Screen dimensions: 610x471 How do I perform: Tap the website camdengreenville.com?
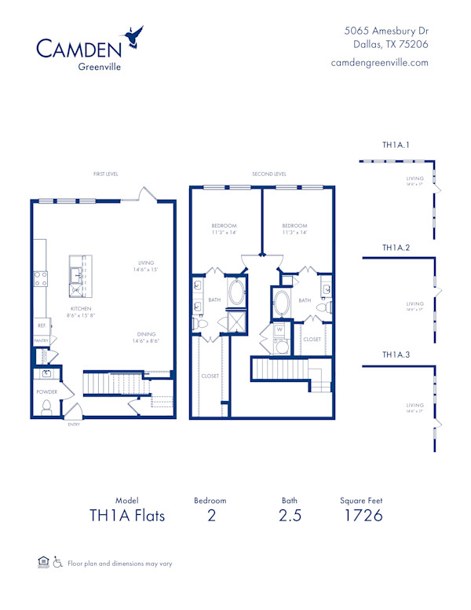380,63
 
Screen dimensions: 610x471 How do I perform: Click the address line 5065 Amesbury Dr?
387,30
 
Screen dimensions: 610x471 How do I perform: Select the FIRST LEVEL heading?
105,174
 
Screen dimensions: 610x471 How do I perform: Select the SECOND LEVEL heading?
269,174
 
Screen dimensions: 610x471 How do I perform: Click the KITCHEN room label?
82,310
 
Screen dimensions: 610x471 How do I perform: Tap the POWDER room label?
47,391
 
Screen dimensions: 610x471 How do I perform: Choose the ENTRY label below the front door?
74,424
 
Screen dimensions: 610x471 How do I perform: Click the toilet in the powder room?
46,406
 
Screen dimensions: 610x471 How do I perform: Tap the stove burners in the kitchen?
41,279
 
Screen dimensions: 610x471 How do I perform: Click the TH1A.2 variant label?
396,248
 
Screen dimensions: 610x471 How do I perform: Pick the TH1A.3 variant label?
396,355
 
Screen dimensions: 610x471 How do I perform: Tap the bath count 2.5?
289,516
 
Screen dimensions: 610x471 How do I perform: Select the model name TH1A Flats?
126,516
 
